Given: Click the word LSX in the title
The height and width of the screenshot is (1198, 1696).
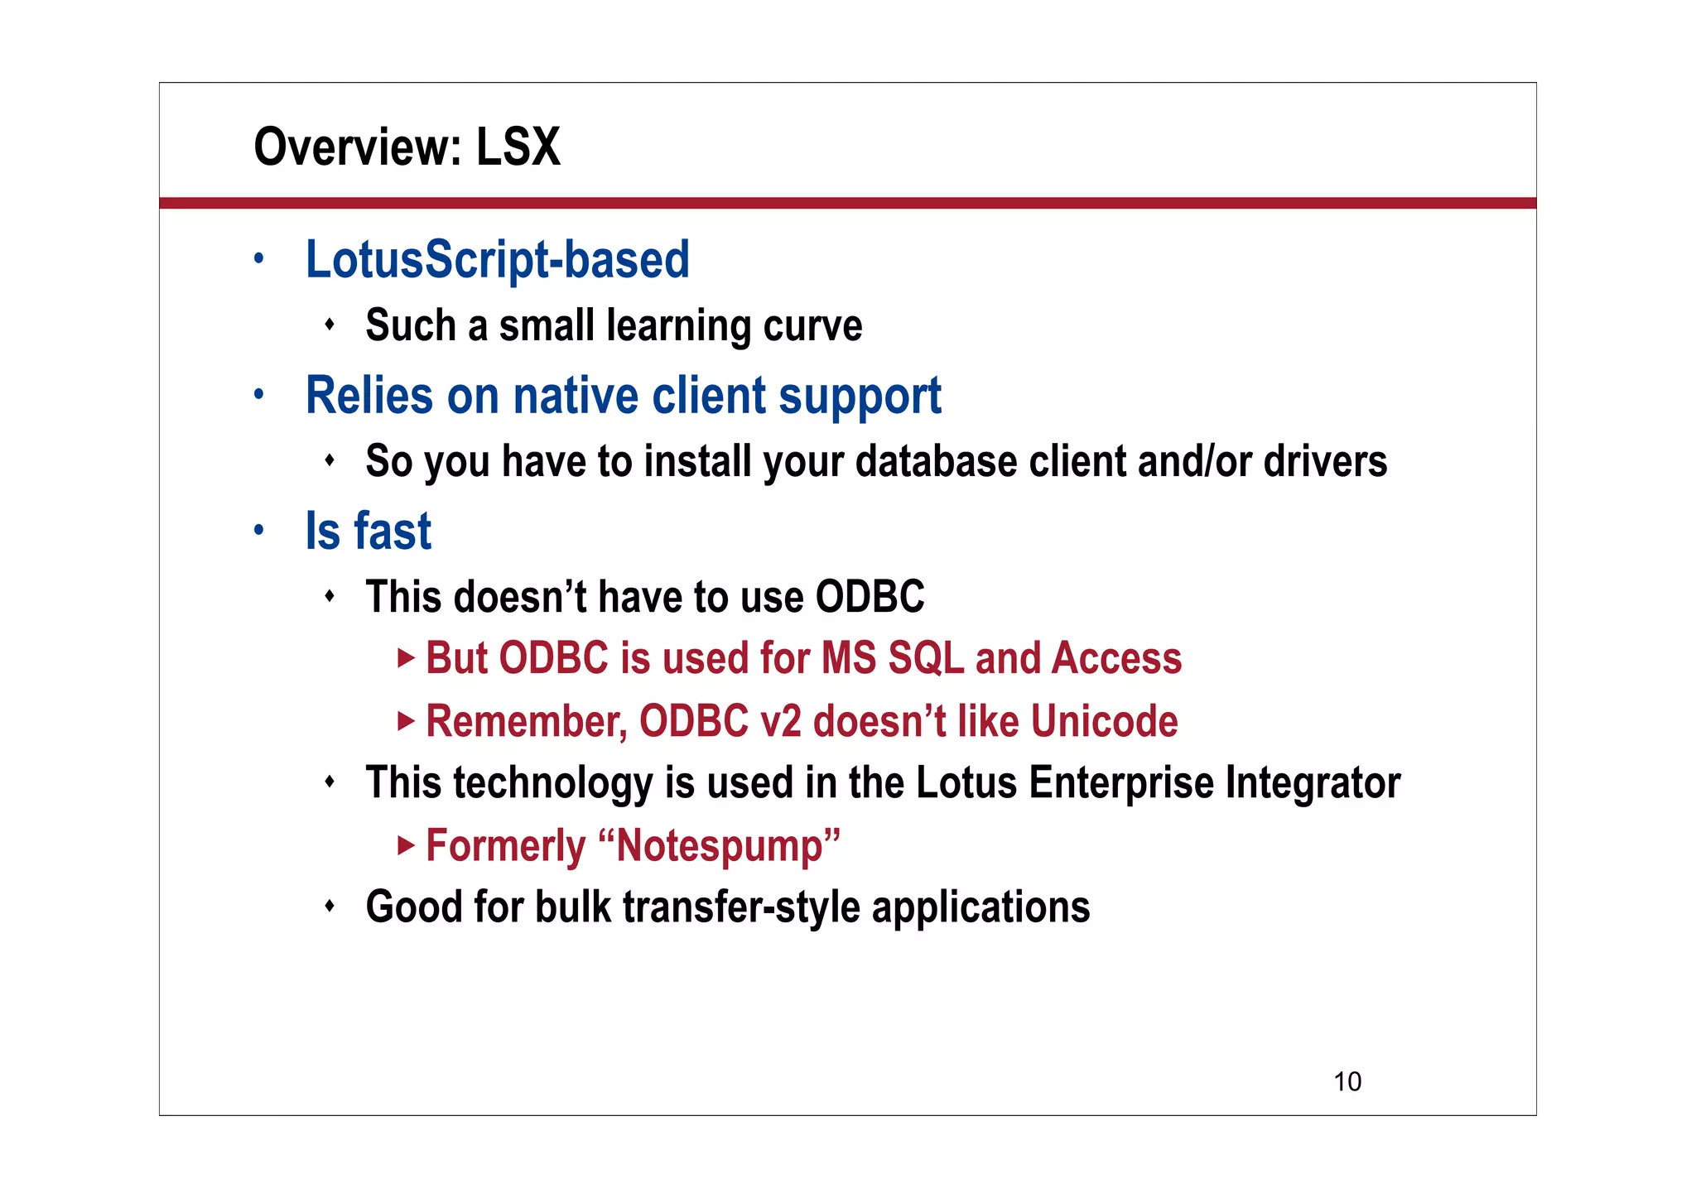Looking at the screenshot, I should [x=518, y=147].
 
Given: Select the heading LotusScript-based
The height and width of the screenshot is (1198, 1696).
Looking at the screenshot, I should [x=497, y=259].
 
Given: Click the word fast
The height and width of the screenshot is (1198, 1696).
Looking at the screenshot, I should [x=392, y=531].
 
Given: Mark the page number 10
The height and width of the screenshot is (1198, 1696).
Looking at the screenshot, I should [x=1347, y=1082].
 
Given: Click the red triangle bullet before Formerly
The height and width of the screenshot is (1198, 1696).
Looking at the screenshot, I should [x=405, y=845].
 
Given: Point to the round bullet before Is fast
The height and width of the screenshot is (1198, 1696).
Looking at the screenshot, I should [x=259, y=529].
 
